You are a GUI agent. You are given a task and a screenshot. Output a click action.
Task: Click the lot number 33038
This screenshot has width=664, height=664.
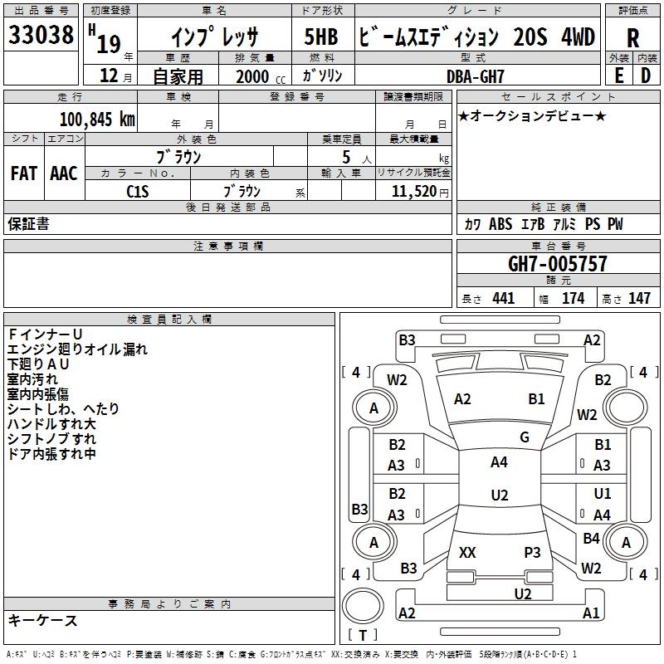(41, 35)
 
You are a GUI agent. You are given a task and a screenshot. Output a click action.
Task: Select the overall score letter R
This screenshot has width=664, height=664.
(632, 37)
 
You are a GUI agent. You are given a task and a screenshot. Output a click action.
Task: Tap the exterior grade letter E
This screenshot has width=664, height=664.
(618, 74)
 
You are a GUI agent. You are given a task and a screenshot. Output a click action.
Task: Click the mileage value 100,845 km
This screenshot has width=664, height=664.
(96, 119)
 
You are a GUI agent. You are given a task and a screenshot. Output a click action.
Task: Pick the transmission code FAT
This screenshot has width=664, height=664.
(23, 173)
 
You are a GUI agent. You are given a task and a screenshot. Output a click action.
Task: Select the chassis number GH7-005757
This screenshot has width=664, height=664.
(557, 264)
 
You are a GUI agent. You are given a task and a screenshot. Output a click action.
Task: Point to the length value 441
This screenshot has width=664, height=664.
(503, 298)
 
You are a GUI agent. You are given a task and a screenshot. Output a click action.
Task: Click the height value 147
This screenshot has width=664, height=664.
(638, 298)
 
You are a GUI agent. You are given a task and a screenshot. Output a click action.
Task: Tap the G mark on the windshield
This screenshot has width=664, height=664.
(525, 437)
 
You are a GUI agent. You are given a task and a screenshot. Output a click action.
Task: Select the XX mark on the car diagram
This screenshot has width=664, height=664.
(467, 552)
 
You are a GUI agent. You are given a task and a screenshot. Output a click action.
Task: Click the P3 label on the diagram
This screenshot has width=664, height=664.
(533, 552)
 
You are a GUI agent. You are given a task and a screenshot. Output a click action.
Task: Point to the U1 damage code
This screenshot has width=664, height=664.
(603, 494)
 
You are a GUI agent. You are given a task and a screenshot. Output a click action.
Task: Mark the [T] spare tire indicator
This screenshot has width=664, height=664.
(363, 635)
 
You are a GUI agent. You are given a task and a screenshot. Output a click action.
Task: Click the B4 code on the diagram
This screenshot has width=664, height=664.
(591, 539)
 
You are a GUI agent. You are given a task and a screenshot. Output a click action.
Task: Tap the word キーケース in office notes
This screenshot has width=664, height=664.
(43, 620)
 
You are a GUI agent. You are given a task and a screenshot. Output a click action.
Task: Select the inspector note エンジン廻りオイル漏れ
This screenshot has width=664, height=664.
(77, 349)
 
